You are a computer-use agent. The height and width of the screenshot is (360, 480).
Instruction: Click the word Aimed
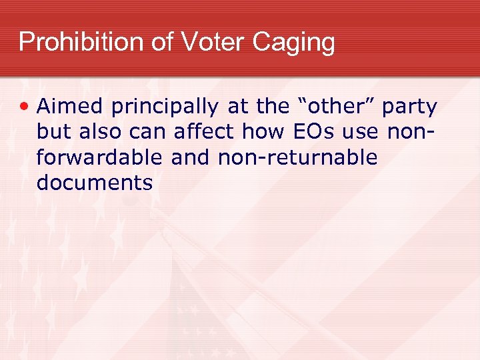[x=70, y=107]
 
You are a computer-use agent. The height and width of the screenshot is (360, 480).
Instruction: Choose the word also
[x=101, y=132]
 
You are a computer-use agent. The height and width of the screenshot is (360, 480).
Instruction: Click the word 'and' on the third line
[x=190, y=157]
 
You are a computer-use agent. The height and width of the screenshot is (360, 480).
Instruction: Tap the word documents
[x=95, y=183]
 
